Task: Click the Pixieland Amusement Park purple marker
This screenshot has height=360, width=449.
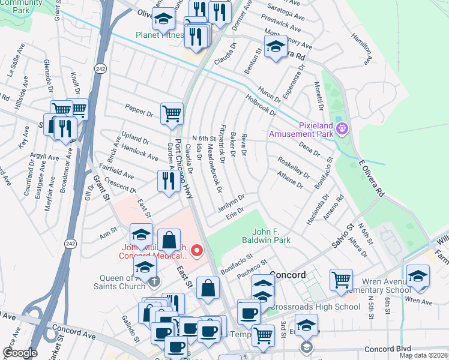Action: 342,128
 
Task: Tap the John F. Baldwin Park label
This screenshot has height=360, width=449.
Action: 271,235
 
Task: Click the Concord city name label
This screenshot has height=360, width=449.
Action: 289,275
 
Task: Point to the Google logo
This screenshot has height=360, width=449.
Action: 20,353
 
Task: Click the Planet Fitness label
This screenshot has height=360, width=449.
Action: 159,35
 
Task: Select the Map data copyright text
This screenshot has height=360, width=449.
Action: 423,355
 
